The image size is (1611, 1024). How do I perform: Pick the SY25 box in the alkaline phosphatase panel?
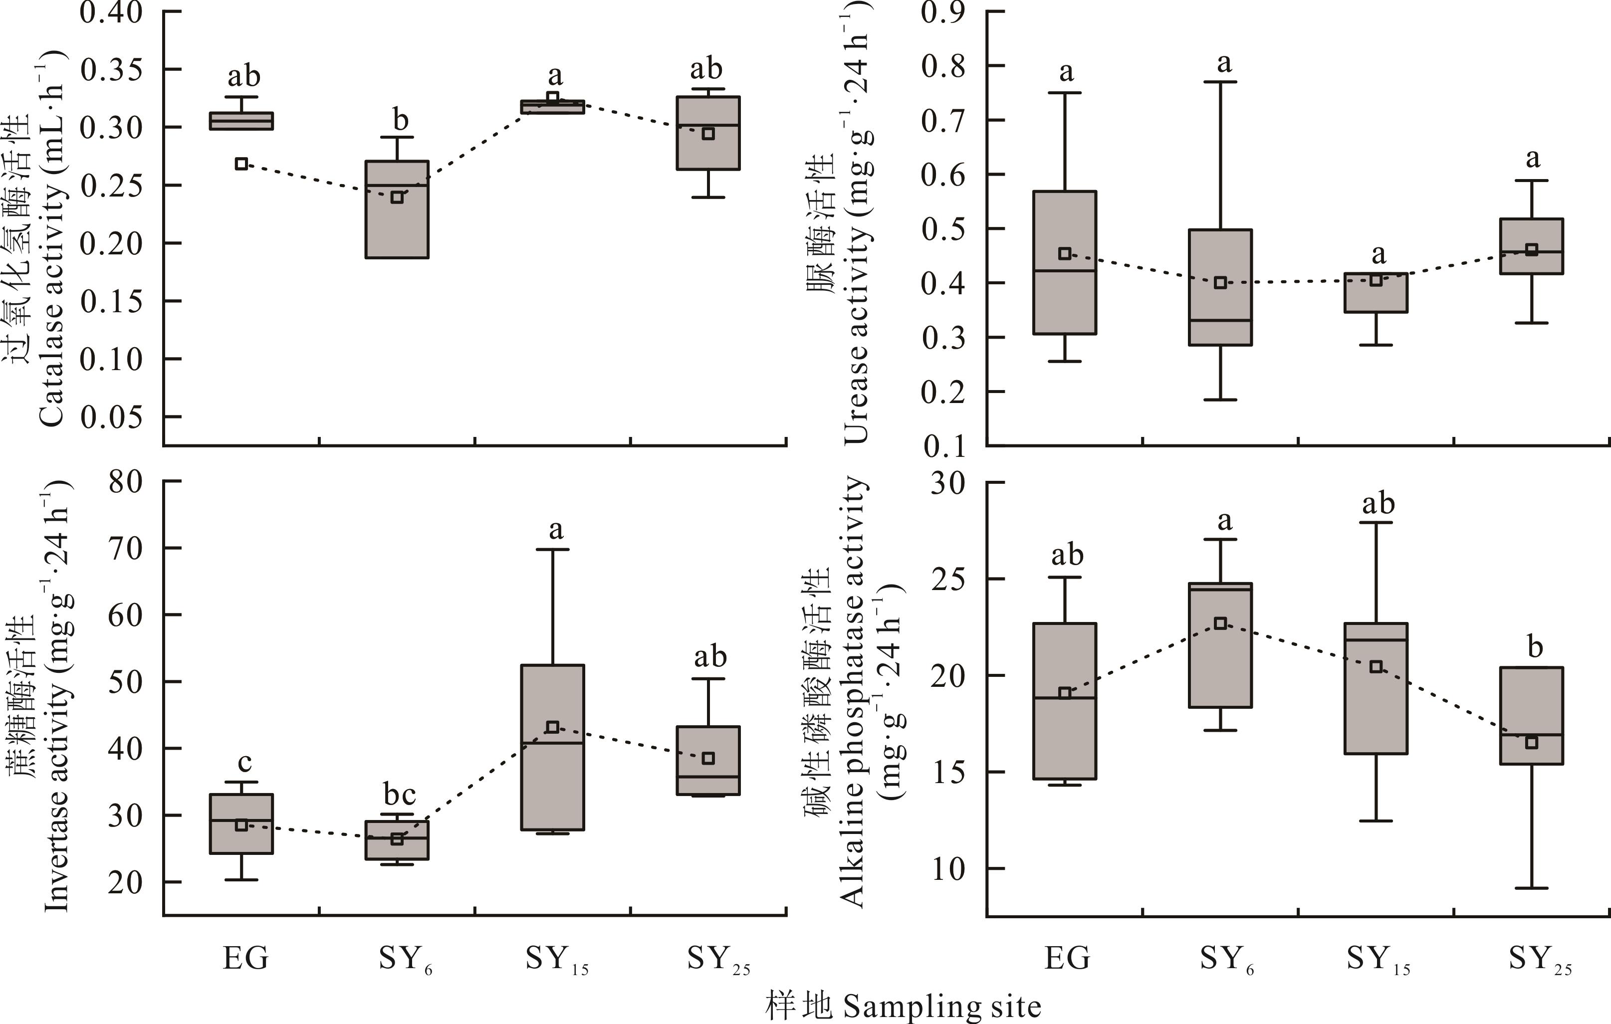point(1531,716)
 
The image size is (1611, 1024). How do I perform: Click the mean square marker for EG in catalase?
point(241,164)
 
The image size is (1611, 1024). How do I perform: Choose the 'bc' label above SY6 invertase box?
point(400,795)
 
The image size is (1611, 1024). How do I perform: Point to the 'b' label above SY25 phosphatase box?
point(1535,647)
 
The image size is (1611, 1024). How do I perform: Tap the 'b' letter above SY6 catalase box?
point(400,120)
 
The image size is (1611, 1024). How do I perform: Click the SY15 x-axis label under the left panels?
point(556,960)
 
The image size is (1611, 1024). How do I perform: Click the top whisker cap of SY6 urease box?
point(1220,82)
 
